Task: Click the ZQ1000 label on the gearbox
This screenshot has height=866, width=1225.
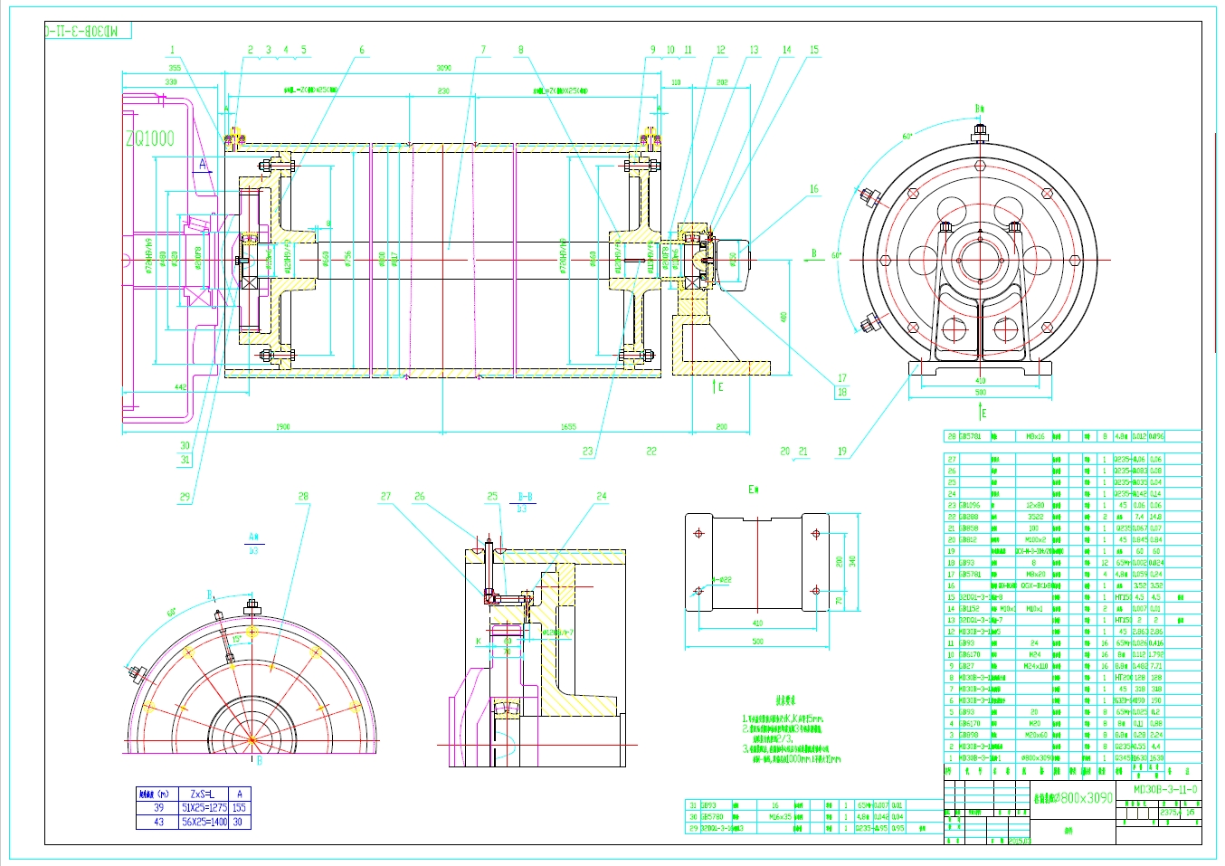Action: tap(149, 138)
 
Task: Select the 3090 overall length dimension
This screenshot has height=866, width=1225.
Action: tap(443, 68)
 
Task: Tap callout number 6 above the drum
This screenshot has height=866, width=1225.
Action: tap(362, 51)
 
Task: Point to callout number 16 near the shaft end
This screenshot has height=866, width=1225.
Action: tap(813, 189)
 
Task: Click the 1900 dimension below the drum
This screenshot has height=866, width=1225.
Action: tap(282, 427)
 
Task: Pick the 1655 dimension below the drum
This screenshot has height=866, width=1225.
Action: tap(568, 427)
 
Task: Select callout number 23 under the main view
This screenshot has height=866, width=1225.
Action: tap(588, 451)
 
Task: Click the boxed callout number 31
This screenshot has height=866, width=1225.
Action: tap(185, 460)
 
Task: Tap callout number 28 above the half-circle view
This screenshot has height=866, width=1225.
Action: tap(303, 496)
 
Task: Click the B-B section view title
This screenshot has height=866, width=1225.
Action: tap(525, 497)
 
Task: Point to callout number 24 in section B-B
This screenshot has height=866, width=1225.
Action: tap(602, 496)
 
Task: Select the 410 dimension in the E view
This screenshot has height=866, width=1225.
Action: tap(757, 623)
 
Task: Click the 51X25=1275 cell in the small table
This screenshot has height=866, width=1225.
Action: tap(204, 808)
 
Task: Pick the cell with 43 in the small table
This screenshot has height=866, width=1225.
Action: tap(159, 822)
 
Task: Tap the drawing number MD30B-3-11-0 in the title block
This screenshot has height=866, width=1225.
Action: tap(1165, 789)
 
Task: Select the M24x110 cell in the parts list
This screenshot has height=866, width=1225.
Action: tap(1035, 666)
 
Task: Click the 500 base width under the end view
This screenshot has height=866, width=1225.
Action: tap(981, 393)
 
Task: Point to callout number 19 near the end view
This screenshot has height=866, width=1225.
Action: tap(842, 451)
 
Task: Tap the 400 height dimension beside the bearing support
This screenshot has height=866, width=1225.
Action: tap(783, 317)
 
